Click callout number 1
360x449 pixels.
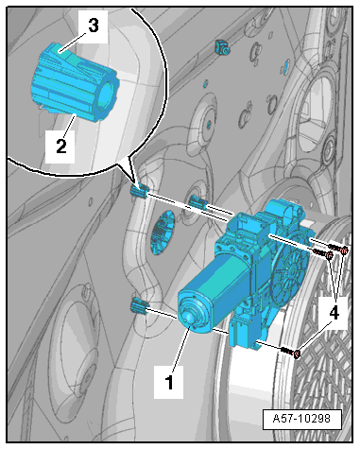click(x=169, y=382)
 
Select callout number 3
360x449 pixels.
click(x=93, y=26)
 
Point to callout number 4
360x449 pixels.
click(x=334, y=313)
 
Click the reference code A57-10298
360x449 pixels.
click(x=301, y=419)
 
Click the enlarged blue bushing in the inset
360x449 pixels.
click(x=75, y=82)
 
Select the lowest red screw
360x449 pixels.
click(x=291, y=352)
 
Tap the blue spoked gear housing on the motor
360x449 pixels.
click(x=289, y=271)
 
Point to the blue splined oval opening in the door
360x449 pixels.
click(x=163, y=233)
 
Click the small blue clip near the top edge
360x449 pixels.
click(x=222, y=46)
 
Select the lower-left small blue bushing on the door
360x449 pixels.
click(x=139, y=306)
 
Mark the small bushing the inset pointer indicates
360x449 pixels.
click(x=139, y=191)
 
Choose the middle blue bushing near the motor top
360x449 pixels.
click(x=198, y=201)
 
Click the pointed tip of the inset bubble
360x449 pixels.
click(x=135, y=182)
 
